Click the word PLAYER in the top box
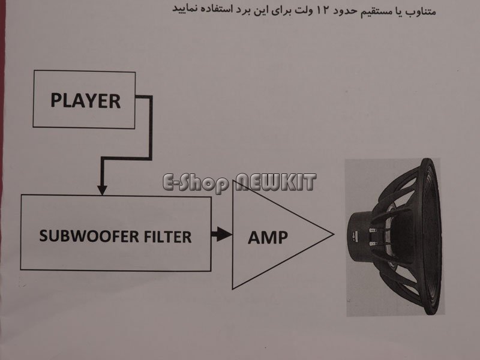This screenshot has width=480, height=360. click(85, 101)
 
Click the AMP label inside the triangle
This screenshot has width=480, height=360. click(268, 237)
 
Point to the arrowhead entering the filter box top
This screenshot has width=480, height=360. click(102, 190)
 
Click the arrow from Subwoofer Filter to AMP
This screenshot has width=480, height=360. click(221, 234)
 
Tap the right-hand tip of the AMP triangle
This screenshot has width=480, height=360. click(334, 235)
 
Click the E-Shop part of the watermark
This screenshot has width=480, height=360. click(196, 183)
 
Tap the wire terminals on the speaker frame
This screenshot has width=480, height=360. click(373, 237)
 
